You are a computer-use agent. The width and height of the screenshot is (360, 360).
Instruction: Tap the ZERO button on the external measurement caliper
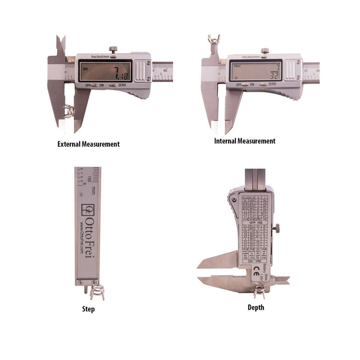click(x=113, y=85)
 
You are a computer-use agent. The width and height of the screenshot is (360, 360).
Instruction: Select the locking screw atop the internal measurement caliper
click(x=265, y=50)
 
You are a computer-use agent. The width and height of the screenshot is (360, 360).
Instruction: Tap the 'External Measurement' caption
click(x=89, y=144)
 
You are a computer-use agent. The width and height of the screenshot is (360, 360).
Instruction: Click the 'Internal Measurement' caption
click(x=244, y=141)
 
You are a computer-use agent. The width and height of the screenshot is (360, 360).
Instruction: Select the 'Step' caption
click(x=88, y=309)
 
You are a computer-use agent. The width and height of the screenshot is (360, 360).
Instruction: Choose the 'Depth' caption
click(x=256, y=307)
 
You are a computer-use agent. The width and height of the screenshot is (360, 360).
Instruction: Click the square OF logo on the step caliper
click(x=89, y=209)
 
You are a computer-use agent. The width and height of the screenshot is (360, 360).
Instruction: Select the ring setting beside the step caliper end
click(x=97, y=292)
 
